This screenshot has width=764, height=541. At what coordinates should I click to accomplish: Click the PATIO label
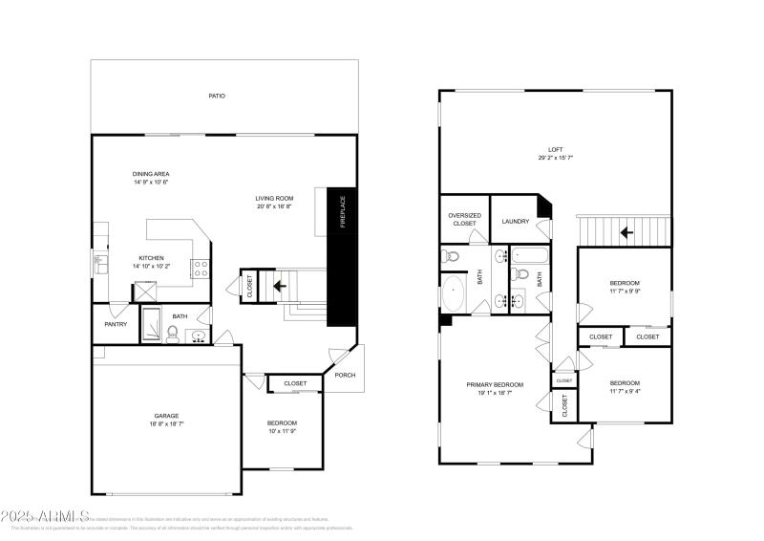[218, 97]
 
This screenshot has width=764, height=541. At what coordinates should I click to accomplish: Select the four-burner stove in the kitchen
[202, 269]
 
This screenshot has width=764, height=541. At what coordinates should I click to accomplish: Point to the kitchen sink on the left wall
[97, 259]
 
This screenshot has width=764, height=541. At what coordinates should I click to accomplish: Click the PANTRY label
[116, 323]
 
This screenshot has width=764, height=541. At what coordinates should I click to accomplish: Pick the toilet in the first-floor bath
[172, 333]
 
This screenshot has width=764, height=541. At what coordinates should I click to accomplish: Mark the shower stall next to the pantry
[152, 323]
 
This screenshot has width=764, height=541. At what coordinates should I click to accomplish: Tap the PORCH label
[345, 375]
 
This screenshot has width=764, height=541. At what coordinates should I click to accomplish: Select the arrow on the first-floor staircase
[281, 284]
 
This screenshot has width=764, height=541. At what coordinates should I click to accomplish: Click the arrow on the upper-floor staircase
[626, 231]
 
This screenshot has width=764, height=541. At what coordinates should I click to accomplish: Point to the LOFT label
[555, 150]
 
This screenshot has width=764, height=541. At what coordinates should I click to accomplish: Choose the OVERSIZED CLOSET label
[464, 219]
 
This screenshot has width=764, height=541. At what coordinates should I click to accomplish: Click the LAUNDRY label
[516, 222]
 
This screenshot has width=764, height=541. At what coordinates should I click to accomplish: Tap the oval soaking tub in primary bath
[452, 293]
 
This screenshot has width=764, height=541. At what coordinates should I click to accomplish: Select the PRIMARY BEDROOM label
[495, 385]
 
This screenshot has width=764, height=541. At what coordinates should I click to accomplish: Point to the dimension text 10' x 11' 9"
[281, 430]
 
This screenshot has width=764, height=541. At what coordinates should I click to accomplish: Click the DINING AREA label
[151, 174]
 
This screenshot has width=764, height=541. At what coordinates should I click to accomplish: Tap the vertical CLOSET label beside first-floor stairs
[250, 286]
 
